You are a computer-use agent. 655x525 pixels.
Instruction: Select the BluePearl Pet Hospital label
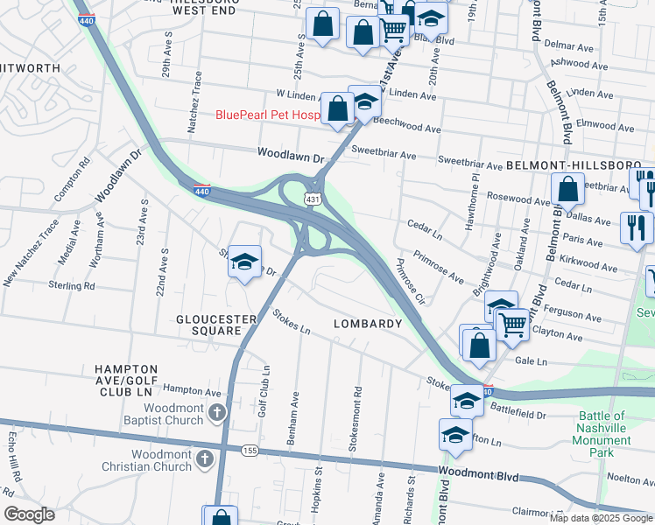click(x=267, y=115)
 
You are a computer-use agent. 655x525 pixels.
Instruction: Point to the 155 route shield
click(x=250, y=450)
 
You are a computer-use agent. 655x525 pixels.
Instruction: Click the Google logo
click(x=29, y=514)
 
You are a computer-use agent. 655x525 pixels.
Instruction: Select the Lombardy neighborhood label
click(x=368, y=324)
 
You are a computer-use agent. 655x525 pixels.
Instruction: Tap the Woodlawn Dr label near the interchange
click(x=291, y=152)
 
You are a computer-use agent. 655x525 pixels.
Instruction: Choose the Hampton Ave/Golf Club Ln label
click(x=126, y=375)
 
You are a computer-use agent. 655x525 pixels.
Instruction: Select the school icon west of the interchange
click(x=245, y=261)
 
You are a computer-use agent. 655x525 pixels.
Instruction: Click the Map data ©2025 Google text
click(x=601, y=518)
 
